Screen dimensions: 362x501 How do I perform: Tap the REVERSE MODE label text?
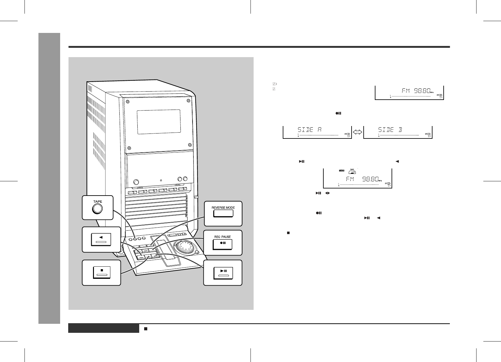pyautogui.click(x=223, y=207)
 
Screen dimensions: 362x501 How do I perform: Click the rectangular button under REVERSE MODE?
pyautogui.click(x=223, y=214)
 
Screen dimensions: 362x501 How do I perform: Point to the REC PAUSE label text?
pyautogui.click(x=223, y=237)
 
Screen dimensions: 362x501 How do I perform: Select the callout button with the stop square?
pyautogui.click(x=102, y=272)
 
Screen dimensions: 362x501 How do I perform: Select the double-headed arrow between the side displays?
pyautogui.click(x=357, y=132)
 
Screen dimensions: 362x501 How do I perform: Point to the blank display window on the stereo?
pyautogui.click(x=159, y=122)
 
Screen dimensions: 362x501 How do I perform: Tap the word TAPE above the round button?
pyautogui.click(x=97, y=201)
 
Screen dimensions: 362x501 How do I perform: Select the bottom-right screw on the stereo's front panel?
pyautogui.click(x=190, y=144)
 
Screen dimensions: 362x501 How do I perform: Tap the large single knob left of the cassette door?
pyautogui.click(x=136, y=182)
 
